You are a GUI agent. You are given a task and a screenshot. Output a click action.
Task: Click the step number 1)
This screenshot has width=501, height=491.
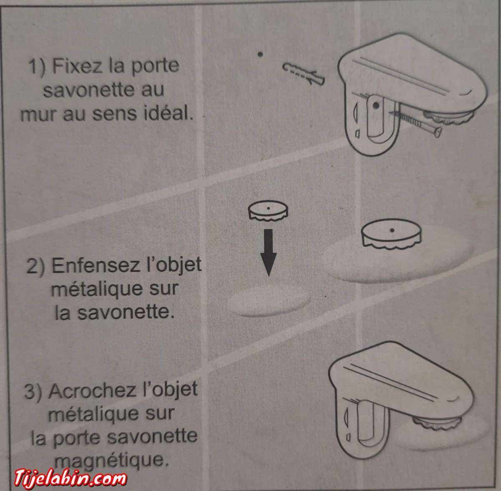[38, 67]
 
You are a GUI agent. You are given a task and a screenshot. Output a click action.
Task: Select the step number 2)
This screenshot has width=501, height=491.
[36, 266]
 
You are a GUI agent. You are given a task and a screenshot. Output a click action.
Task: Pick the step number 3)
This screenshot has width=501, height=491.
[33, 392]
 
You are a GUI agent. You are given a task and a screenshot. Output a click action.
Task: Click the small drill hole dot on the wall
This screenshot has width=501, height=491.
[260, 54]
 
